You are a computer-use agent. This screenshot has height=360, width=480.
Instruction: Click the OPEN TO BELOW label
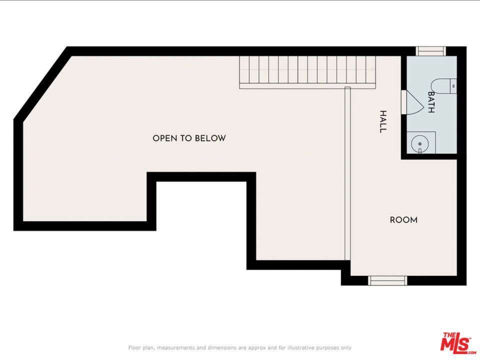coord(189,138)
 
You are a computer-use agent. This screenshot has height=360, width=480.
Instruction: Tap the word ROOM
coord(403,220)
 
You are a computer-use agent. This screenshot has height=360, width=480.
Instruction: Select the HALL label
coord(383,122)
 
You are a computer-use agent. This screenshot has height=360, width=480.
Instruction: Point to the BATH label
coord(431,102)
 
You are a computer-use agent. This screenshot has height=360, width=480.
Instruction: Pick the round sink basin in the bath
coord(420,143)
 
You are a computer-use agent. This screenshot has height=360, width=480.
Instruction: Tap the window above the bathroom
coord(430,51)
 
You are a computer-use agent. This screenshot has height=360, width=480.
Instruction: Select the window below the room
coord(387,280)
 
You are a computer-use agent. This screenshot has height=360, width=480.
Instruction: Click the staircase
coord(307,72)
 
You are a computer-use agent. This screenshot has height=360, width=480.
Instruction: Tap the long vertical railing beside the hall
coord(347,173)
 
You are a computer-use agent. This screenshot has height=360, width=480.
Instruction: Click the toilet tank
coord(453,86)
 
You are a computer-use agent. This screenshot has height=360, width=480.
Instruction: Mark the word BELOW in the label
coord(210,138)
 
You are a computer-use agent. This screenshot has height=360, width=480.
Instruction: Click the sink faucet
coord(420,150)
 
